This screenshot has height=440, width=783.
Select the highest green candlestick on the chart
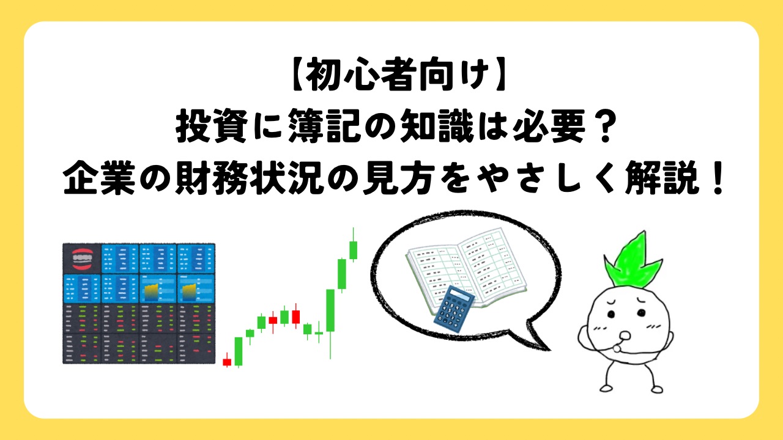click(353, 249)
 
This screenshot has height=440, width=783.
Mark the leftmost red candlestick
click(227, 362)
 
